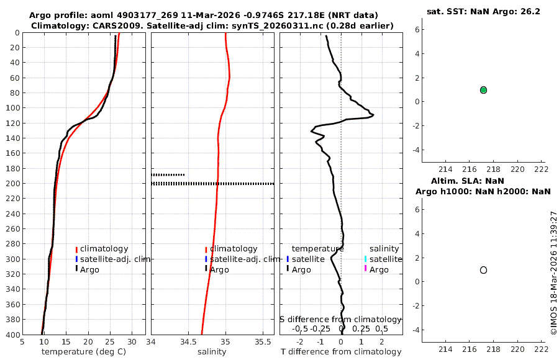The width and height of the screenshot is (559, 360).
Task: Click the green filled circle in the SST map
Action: (483, 90)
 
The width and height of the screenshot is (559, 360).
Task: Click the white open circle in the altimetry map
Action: (483, 270)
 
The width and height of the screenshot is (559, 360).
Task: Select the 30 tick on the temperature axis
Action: (132, 341)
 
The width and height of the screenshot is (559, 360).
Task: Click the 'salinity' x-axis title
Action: (212, 352)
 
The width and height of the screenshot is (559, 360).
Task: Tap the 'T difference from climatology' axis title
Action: (341, 352)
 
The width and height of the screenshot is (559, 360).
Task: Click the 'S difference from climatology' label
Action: (341, 319)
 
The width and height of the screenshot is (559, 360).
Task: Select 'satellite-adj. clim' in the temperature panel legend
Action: (115, 259)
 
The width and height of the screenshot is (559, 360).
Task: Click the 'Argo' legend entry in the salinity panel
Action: (220, 269)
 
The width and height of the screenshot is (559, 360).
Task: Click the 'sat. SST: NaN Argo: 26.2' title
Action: (483, 11)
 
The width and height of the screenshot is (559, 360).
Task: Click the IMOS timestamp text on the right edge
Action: (553, 273)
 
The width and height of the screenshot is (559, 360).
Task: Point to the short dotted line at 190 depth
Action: (168, 175)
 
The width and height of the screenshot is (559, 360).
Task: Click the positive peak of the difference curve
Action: (372, 115)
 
